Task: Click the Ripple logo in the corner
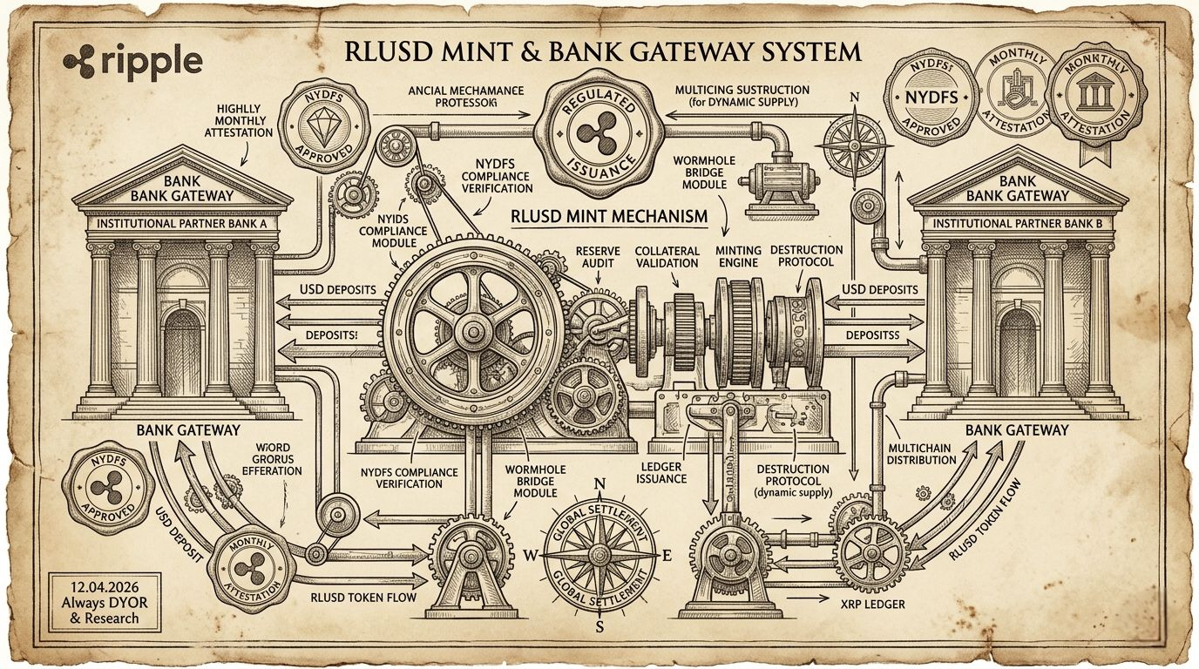133,62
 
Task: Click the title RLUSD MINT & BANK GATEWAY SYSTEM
602,51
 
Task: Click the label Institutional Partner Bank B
1013,224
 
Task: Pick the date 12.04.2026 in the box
95,587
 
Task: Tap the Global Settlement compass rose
599,554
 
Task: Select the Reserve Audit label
599,257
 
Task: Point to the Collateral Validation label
667,257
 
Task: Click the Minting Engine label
738,257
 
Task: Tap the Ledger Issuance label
661,472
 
